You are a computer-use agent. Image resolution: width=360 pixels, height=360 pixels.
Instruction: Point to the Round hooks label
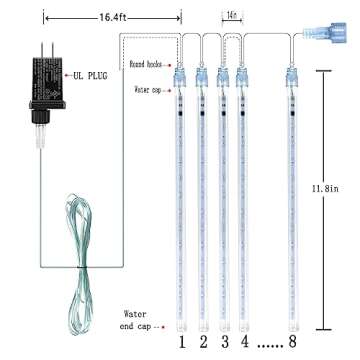click(147, 63)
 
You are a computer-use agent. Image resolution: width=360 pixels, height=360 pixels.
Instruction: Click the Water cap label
click(148, 90)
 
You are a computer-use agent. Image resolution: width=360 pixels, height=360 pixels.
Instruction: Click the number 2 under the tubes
click(203, 344)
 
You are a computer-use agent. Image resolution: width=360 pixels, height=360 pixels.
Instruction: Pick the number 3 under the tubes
click(223, 344)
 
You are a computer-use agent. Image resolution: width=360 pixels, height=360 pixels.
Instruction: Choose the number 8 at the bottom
click(292, 344)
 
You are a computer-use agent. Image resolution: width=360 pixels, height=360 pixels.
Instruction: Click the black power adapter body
click(39, 85)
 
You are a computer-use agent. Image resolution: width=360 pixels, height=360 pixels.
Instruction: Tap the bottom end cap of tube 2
click(203, 324)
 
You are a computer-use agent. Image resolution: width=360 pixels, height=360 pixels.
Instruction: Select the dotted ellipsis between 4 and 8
click(267, 346)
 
